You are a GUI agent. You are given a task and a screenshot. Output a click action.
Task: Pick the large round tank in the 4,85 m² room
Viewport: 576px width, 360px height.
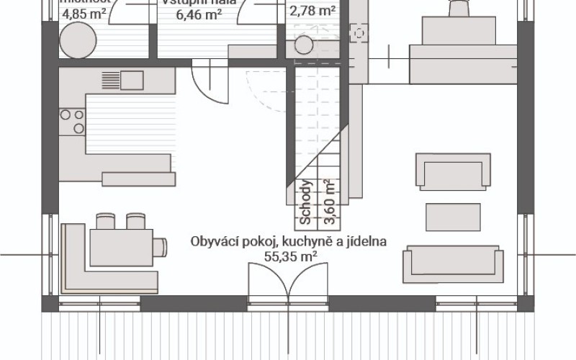[74, 38]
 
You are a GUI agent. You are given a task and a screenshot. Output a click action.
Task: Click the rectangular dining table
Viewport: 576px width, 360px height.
[121, 246]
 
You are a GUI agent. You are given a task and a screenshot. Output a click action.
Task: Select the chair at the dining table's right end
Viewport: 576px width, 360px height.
[160, 247]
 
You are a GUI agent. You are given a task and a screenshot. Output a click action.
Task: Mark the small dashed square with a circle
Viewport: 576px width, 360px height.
[359, 32]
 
